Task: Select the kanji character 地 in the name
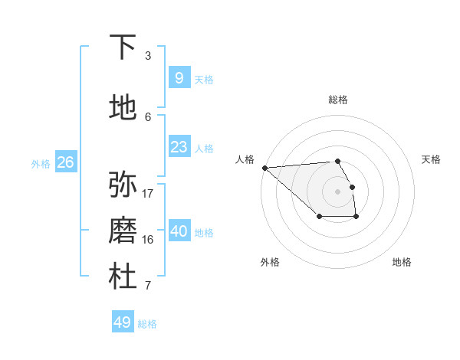(x=123, y=107)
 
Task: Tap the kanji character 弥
(x=123, y=184)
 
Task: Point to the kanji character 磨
(x=123, y=230)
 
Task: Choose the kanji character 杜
(x=123, y=277)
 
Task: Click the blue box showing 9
(x=179, y=77)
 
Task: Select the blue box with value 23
(x=179, y=146)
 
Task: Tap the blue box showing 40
(x=179, y=231)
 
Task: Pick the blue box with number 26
(x=65, y=162)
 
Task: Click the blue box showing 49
(x=123, y=322)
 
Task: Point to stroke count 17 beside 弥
(x=148, y=193)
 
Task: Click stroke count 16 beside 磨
(x=148, y=239)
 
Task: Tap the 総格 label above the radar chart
(x=338, y=100)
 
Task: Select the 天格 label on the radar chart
(x=431, y=159)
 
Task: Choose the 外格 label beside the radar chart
(x=270, y=262)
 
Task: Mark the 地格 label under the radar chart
(x=402, y=262)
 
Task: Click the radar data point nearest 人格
(x=264, y=168)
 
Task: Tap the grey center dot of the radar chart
(x=338, y=191)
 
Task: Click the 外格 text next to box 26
(x=41, y=163)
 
